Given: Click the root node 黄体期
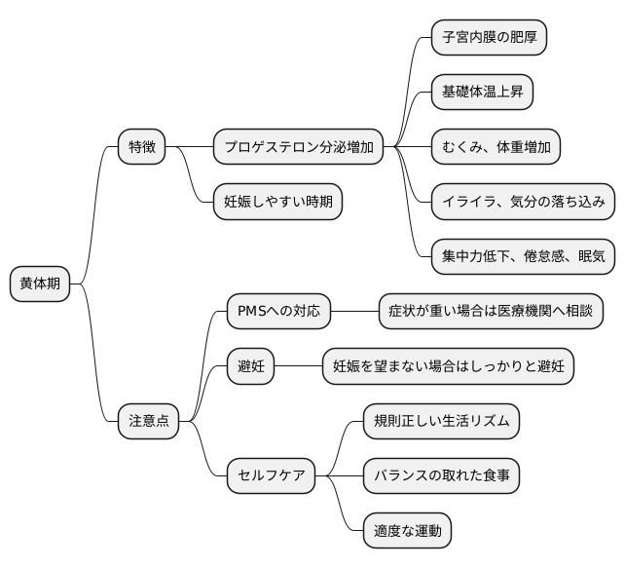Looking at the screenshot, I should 39,284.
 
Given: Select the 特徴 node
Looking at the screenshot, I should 141,147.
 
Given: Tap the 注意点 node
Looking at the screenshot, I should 149,421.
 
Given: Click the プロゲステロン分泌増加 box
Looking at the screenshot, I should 297,147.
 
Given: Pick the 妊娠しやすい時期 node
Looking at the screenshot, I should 277,202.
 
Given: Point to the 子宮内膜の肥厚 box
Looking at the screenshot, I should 489,38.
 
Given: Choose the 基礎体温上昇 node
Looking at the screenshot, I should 482,93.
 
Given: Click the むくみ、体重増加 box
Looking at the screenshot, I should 496,147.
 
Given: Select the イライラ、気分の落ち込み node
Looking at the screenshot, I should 523,202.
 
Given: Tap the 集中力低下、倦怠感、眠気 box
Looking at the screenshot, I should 523,256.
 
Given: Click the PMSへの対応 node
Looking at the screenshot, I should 277,312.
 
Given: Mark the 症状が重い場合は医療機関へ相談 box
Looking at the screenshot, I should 490,312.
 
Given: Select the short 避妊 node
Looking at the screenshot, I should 251,366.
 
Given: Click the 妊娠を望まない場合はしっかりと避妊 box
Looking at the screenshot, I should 448,366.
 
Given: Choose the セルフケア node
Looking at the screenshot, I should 272,475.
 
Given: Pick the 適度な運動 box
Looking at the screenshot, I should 407,531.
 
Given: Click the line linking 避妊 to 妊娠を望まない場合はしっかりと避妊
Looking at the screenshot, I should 298,366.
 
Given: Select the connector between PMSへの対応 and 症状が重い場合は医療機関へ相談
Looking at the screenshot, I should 353,312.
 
